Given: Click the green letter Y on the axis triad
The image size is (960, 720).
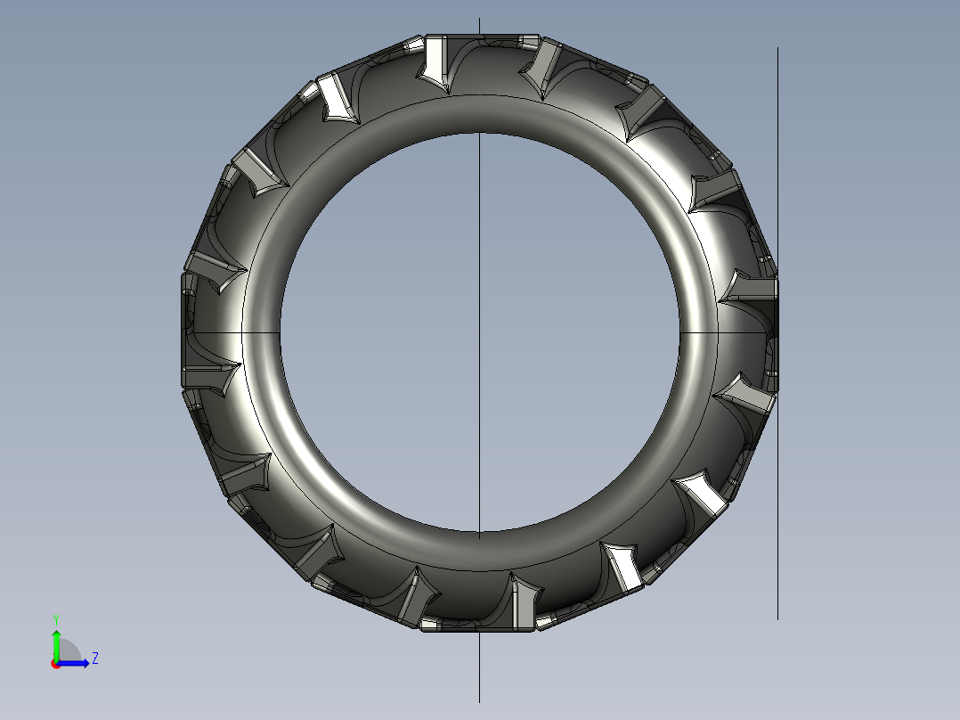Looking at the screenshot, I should pos(55,618).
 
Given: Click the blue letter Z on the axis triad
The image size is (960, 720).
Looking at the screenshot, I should pos(95,659).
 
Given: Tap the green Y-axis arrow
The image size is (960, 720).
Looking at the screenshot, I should pos(56,640).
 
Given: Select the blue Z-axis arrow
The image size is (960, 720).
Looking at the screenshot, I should pos(77,663).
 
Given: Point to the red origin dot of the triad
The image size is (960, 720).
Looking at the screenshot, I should pos(55,664).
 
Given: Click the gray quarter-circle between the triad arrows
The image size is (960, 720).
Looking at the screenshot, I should pos(68,653).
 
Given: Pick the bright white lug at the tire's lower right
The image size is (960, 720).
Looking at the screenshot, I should pos(626,569).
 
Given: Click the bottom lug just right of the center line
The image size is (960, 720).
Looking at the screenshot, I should pos(524,601).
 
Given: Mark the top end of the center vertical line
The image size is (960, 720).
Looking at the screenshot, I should pos(480,19).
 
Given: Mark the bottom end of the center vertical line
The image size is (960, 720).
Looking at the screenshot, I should pos(480,701).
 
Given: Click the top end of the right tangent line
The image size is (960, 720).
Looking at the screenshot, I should pos(777,49).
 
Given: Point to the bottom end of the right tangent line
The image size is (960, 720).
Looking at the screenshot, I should pos(777,618).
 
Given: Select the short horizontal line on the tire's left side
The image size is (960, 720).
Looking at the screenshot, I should pos(232,331).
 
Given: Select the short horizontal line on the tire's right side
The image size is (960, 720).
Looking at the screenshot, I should pos(726,331).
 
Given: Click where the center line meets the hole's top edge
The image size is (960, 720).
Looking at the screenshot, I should pos(480,133).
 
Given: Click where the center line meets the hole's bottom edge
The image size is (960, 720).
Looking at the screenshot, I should pos(480,532).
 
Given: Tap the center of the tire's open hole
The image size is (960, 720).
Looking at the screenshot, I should pos(480,331).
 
